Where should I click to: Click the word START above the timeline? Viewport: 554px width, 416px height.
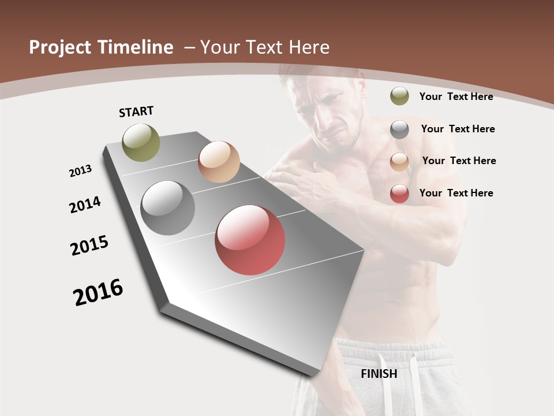point(136,112)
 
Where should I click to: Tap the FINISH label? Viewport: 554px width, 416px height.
point(379,374)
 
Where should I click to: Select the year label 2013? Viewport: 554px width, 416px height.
point(81,171)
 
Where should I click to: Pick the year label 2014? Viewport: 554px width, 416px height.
point(85,205)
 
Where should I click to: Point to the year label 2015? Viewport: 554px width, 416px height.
point(89,246)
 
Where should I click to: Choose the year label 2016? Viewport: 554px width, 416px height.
point(98,292)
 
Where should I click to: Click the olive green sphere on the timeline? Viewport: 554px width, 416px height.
point(141,142)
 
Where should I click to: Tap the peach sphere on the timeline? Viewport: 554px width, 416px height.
point(219,162)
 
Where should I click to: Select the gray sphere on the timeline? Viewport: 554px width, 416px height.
point(167,208)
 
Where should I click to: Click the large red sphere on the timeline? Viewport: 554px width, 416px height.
point(250,240)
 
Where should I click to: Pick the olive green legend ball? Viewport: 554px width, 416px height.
point(399,96)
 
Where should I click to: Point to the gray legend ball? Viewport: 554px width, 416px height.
point(399,129)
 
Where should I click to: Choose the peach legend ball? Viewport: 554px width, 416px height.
point(399,161)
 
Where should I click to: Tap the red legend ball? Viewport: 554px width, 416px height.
point(399,194)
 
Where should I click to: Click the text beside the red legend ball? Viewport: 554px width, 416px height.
point(456,193)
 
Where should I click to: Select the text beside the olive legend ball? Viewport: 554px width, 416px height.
point(456,96)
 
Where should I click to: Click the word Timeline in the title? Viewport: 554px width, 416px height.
point(136,47)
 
